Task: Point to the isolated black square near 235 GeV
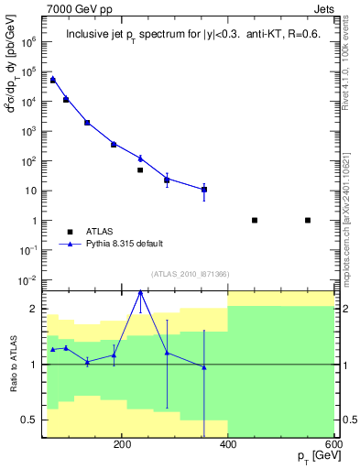coord(140,170)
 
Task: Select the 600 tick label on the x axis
coord(333,445)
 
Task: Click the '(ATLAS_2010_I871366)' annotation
coord(190,275)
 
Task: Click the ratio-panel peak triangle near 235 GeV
coord(140,292)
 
